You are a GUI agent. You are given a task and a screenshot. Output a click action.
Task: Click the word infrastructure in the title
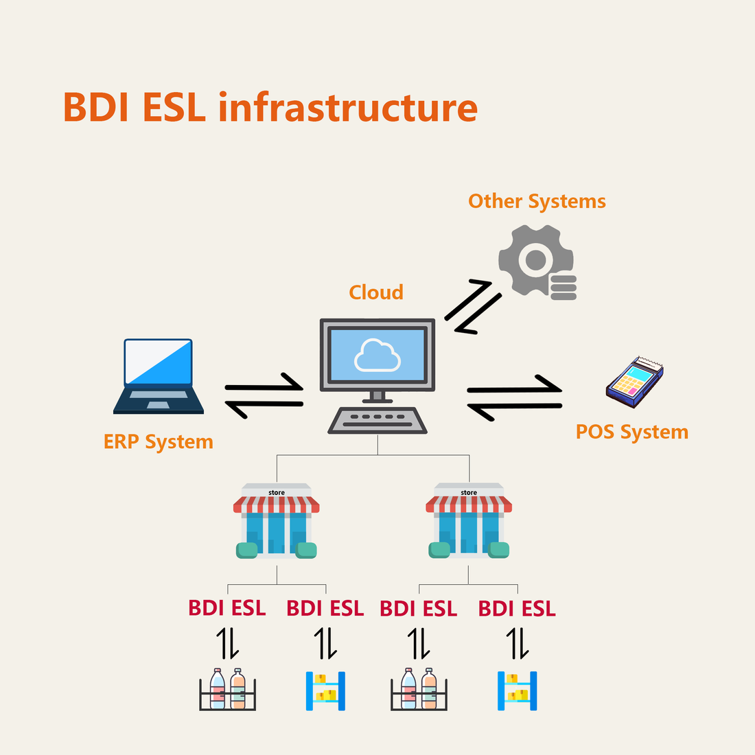[348, 108]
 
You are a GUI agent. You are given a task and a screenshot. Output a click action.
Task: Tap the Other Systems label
[537, 202]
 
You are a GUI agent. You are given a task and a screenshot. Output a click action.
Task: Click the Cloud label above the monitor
[376, 292]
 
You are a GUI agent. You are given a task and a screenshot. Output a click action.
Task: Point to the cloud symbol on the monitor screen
[377, 355]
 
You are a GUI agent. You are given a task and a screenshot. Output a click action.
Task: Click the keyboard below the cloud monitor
[377, 420]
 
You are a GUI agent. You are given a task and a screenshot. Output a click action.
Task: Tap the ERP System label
[159, 442]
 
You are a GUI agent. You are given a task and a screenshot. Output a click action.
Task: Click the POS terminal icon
[634, 382]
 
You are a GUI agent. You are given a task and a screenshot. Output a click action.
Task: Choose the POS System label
[631, 432]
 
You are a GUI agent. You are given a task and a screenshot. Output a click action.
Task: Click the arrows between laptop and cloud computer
[264, 396]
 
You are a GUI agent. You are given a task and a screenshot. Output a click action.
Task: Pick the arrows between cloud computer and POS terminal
[515, 397]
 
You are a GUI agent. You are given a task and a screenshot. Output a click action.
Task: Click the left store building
[277, 522]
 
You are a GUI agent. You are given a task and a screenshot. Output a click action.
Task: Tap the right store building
[469, 522]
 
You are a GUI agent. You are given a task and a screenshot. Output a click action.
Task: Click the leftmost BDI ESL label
[227, 609]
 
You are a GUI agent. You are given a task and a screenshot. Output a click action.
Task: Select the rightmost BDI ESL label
[517, 609]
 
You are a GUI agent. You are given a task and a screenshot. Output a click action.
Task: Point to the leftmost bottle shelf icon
[227, 689]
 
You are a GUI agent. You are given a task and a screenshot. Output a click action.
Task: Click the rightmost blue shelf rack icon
[517, 690]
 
